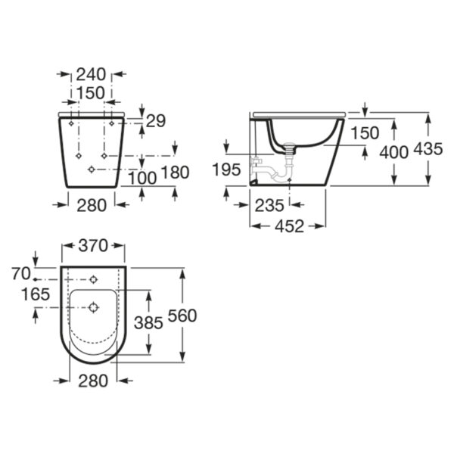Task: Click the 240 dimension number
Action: click(91, 74)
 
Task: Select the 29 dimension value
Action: click(156, 121)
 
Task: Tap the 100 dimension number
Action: click(142, 178)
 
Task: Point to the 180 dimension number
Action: click(175, 173)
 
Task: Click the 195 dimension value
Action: click(226, 169)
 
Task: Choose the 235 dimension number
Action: click(269, 206)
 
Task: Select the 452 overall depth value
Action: click(290, 226)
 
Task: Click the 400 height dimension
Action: click(393, 152)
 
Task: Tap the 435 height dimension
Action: click(428, 149)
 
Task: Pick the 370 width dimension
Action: click(93, 246)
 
